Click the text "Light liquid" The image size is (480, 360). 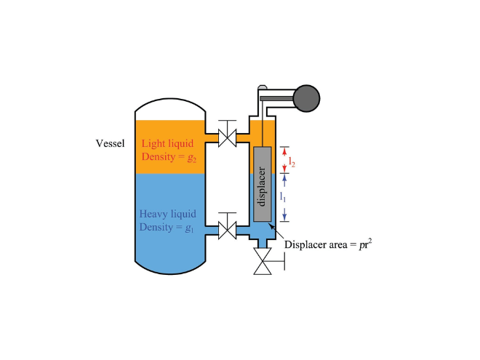(x=166, y=143)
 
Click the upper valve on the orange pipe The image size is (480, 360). (x=228, y=137)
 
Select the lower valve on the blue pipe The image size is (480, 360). (x=228, y=231)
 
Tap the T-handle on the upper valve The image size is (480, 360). (x=228, y=121)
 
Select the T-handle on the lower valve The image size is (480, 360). (x=228, y=215)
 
